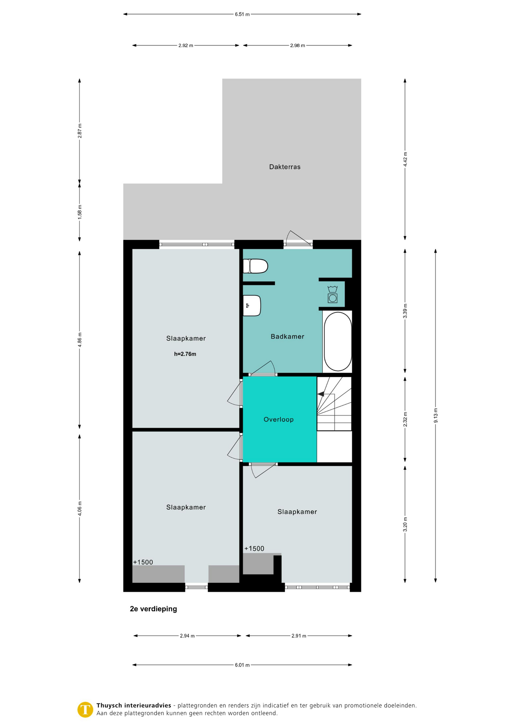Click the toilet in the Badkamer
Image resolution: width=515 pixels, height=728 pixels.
pos(255,266)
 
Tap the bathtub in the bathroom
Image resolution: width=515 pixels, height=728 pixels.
pos(338,341)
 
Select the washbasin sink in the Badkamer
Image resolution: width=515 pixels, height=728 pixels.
pos(252,306)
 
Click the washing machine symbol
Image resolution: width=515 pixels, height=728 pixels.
pos(333,294)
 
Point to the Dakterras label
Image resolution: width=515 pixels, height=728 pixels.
pos(285,167)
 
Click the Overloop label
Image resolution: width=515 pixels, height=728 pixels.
pos(278,419)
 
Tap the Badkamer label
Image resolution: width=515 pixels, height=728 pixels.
pos(287,336)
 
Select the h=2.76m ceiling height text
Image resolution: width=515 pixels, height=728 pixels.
pos(185,354)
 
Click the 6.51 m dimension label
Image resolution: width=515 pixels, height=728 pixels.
pos(242,14)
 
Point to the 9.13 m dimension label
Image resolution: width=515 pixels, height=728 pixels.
pos(435,416)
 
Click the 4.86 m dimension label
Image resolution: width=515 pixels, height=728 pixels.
pos(80,340)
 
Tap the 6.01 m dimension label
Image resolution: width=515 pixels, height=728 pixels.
pos(242,665)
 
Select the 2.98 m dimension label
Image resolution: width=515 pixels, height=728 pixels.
pos(298,45)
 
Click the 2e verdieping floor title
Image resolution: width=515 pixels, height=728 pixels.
pos(153,609)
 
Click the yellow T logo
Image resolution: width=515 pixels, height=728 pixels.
pos(85,709)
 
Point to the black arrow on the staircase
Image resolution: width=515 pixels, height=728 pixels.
pos(321,394)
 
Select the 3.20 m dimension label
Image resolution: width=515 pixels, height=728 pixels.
pos(405,524)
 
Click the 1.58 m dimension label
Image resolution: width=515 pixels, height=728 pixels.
pos(80,212)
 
